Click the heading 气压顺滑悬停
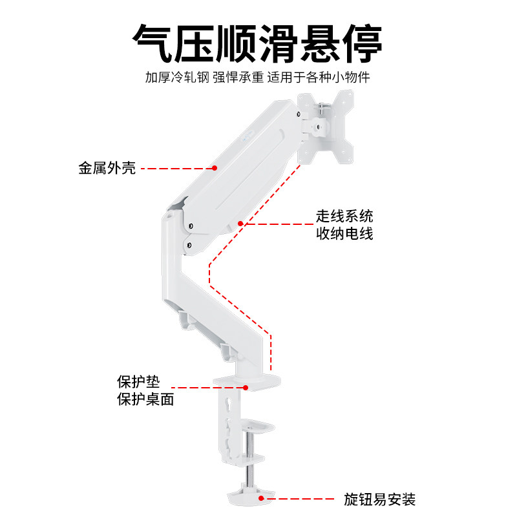tap(258, 43)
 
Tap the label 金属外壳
tap(107, 170)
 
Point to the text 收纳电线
tap(344, 233)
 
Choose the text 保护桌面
tap(145, 399)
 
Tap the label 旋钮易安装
tap(379, 500)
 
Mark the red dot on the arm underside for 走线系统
tap(240, 224)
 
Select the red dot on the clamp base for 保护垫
tap(246, 388)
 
